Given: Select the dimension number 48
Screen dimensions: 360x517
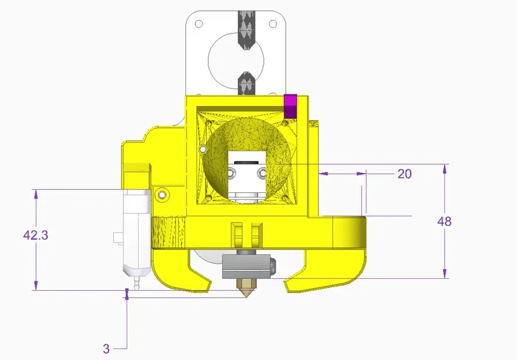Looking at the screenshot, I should pyautogui.click(x=444, y=221).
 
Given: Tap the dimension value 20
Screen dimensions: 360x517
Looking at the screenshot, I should pyautogui.click(x=405, y=173).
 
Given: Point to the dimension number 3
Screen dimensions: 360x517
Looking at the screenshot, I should pyautogui.click(x=106, y=348).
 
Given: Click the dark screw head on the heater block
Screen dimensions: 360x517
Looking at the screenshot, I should pyautogui.click(x=272, y=265).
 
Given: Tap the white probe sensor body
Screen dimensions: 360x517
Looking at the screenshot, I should pyautogui.click(x=137, y=230).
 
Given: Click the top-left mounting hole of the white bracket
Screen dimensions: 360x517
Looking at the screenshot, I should pyautogui.click(x=199, y=24).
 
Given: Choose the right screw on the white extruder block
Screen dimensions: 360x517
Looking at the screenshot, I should pyautogui.click(x=263, y=172).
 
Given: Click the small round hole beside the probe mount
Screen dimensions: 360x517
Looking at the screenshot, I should pyautogui.click(x=163, y=195).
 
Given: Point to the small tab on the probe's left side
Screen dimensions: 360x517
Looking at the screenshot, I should pyautogui.click(x=117, y=237).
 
